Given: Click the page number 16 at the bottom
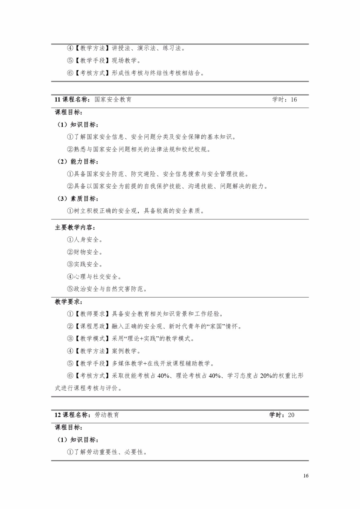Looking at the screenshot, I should [306, 476].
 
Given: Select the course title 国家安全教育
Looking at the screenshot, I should [113, 100].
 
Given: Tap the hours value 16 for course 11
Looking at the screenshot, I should [294, 100].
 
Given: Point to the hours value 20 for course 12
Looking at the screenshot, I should [291, 415].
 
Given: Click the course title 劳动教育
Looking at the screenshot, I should [107, 415].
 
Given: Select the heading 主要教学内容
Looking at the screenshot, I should [75, 227].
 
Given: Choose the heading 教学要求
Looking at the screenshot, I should [69, 302].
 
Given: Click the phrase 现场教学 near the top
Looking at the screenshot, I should [124, 60].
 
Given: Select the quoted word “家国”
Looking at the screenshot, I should [215, 326].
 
